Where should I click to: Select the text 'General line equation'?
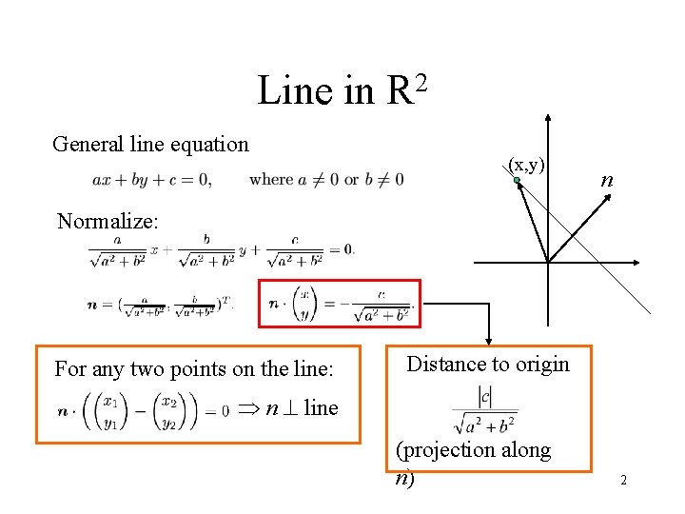pos(150,145)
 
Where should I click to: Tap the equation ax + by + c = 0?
pos(152,179)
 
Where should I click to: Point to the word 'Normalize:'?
pos(107,222)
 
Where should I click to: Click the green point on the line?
pos(514,180)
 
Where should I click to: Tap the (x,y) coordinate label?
pos(526,164)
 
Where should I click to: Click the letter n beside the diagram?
pos(606,180)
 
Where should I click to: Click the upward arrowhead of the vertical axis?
pos(548,119)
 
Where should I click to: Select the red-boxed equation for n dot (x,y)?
pos(339,304)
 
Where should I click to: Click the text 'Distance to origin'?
pos(487,364)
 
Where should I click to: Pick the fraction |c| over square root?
pos(485,409)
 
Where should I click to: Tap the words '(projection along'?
pos(473,450)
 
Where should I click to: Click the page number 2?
pos(623,481)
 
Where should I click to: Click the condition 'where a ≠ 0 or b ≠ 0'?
pos(326,179)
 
